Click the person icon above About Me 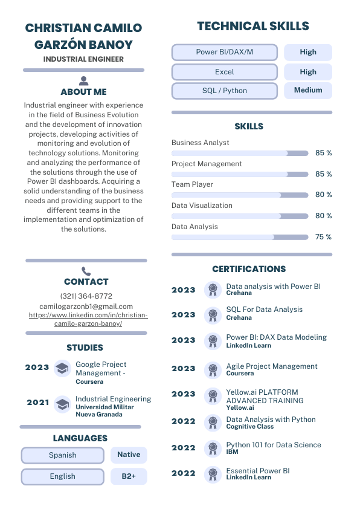[x=84, y=80]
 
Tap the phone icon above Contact [x=86, y=271]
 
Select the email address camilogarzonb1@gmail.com [x=86, y=306]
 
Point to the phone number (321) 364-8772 [x=86, y=296]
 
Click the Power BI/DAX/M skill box [x=224, y=52]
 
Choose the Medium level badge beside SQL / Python [x=308, y=91]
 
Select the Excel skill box [x=224, y=72]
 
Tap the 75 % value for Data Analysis [x=323, y=237]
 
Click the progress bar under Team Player [x=240, y=195]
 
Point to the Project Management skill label [x=207, y=164]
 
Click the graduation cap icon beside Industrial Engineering [x=62, y=404]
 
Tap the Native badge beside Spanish [x=129, y=455]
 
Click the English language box [x=63, y=476]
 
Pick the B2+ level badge [x=129, y=476]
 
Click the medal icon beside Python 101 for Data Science [x=212, y=448]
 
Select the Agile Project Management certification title [x=271, y=366]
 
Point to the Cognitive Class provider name [x=249, y=427]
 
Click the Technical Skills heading [x=252, y=26]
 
